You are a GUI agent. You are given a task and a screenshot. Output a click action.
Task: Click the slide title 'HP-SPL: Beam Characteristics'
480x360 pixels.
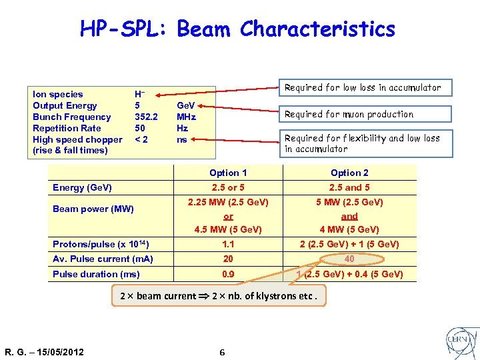tap(237, 29)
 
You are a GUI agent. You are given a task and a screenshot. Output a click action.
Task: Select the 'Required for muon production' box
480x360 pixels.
tap(349, 114)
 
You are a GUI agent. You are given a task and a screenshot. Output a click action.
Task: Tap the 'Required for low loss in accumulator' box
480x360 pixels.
tap(362, 87)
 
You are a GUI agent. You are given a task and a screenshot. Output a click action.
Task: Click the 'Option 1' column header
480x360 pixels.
tap(228, 173)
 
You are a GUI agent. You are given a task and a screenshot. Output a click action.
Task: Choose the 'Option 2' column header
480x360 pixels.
tap(349, 173)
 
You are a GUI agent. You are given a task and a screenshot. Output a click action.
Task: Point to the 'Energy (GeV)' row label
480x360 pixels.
tap(82, 188)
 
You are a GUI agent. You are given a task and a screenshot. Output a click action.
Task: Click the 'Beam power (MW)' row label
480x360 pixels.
tap(93, 209)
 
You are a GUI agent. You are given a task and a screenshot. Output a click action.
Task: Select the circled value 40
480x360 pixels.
tap(350, 259)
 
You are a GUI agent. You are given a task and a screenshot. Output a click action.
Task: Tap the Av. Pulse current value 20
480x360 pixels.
tap(228, 259)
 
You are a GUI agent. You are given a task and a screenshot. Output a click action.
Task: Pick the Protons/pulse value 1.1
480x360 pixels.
tap(228, 244)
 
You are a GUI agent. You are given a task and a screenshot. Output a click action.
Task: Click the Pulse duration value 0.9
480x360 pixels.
tap(228, 274)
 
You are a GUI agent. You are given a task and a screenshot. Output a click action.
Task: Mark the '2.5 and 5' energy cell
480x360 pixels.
tap(349, 188)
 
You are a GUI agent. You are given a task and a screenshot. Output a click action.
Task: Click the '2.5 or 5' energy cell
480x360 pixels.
tap(228, 188)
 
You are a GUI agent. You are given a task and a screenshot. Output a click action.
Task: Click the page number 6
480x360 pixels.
tap(222, 352)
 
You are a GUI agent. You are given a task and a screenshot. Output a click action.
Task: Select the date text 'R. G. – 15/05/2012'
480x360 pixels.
tap(44, 352)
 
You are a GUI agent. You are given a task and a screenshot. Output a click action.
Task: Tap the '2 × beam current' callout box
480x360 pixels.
tap(219, 296)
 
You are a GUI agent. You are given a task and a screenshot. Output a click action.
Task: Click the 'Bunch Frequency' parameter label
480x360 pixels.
tap(72, 117)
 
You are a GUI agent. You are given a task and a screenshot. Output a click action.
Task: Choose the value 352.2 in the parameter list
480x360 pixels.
tap(146, 117)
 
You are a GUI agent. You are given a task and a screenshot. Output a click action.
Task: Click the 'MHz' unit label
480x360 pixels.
tap(186, 117)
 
